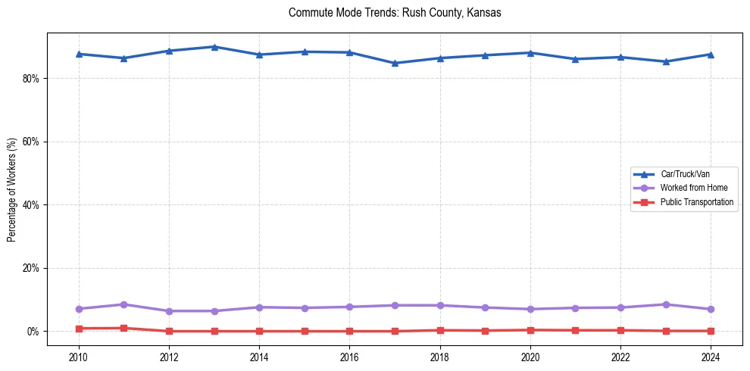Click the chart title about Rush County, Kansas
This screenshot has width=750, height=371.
(395, 13)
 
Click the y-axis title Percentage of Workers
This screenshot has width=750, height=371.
(12, 190)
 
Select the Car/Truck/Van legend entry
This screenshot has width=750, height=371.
(685, 174)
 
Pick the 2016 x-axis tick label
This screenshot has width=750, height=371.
(349, 357)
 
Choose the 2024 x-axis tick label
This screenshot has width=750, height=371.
(711, 357)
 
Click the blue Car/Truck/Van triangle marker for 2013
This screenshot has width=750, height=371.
(214, 47)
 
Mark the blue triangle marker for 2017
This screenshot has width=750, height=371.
(395, 63)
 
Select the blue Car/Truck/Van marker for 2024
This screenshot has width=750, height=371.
(711, 55)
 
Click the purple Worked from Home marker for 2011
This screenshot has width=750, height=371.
(123, 304)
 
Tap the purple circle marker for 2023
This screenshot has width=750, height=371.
(665, 304)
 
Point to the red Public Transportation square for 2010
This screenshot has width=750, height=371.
(78, 329)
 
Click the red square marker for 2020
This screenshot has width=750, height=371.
(530, 330)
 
